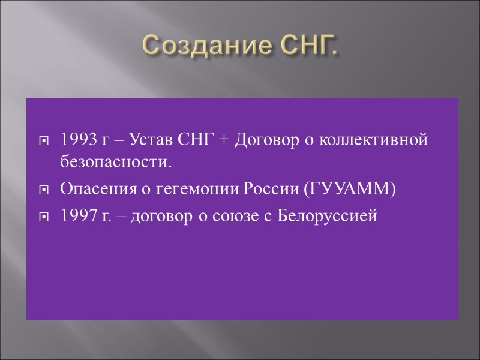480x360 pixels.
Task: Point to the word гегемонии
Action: click(182, 190)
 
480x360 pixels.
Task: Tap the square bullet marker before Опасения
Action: click(43, 190)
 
